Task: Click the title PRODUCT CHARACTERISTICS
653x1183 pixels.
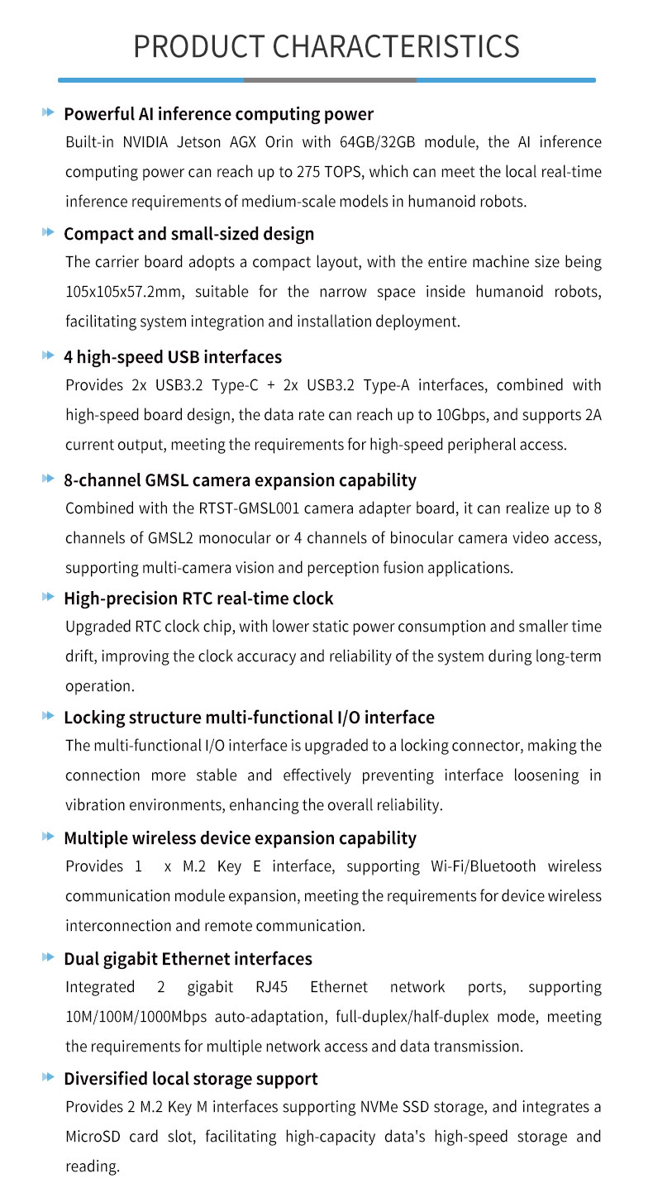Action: [x=326, y=46]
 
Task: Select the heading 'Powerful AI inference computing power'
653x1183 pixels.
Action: [x=218, y=114]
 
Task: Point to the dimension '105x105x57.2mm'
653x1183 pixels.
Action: [x=121, y=292]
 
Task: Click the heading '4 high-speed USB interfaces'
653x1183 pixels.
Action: [x=173, y=357]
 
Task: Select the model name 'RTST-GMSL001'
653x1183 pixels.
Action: [x=252, y=508]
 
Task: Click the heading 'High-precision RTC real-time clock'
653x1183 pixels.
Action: [x=198, y=598]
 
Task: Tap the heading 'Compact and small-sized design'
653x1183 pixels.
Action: [x=188, y=234]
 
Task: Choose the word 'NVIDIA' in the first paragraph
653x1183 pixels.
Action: [x=149, y=142]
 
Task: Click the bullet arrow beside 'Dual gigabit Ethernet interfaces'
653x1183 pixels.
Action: [x=48, y=958]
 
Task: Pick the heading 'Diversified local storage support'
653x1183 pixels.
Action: [x=190, y=1079]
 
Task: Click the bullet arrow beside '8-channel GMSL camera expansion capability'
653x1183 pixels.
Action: [x=48, y=479]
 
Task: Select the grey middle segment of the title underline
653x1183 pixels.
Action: [x=330, y=80]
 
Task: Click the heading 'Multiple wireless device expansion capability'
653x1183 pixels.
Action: [x=240, y=838]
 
